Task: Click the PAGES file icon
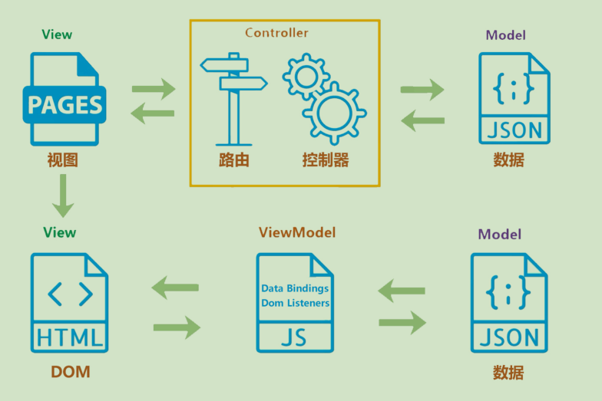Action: [x=64, y=99]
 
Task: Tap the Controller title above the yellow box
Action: [x=276, y=33]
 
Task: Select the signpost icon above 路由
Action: [x=233, y=99]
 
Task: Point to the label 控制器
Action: [x=326, y=160]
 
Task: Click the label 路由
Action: [x=233, y=160]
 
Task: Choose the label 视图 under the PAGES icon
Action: [x=62, y=160]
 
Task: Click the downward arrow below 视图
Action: [x=62, y=196]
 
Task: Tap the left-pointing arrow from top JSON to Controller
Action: [x=423, y=120]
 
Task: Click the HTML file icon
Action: [x=69, y=304]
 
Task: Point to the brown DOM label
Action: [x=71, y=373]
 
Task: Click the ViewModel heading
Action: [x=297, y=232]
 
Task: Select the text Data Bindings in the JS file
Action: [x=295, y=288]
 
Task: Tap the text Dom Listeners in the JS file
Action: [x=295, y=303]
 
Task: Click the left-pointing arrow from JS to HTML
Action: [x=175, y=288]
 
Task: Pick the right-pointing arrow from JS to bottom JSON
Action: [x=402, y=322]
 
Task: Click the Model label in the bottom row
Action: [x=499, y=235]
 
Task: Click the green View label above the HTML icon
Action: [x=60, y=232]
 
